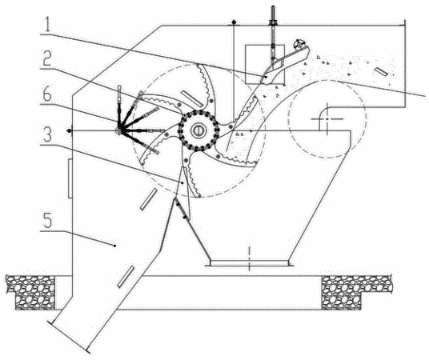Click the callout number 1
(x=47, y=24)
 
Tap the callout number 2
(x=46, y=59)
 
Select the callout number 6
(x=46, y=94)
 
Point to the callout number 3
(x=46, y=135)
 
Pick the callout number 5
(x=47, y=221)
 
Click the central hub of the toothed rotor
(x=198, y=130)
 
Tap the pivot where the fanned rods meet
(x=118, y=131)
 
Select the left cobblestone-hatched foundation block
(x=31, y=292)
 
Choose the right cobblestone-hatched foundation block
(x=355, y=292)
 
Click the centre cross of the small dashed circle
(x=327, y=119)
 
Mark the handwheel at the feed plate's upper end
(x=299, y=44)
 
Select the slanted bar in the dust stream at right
(x=381, y=72)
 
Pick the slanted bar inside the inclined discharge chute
(x=126, y=277)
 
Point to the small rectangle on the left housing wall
(x=70, y=178)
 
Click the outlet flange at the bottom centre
(x=249, y=263)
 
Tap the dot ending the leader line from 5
(x=114, y=246)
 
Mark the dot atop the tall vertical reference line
(x=234, y=22)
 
